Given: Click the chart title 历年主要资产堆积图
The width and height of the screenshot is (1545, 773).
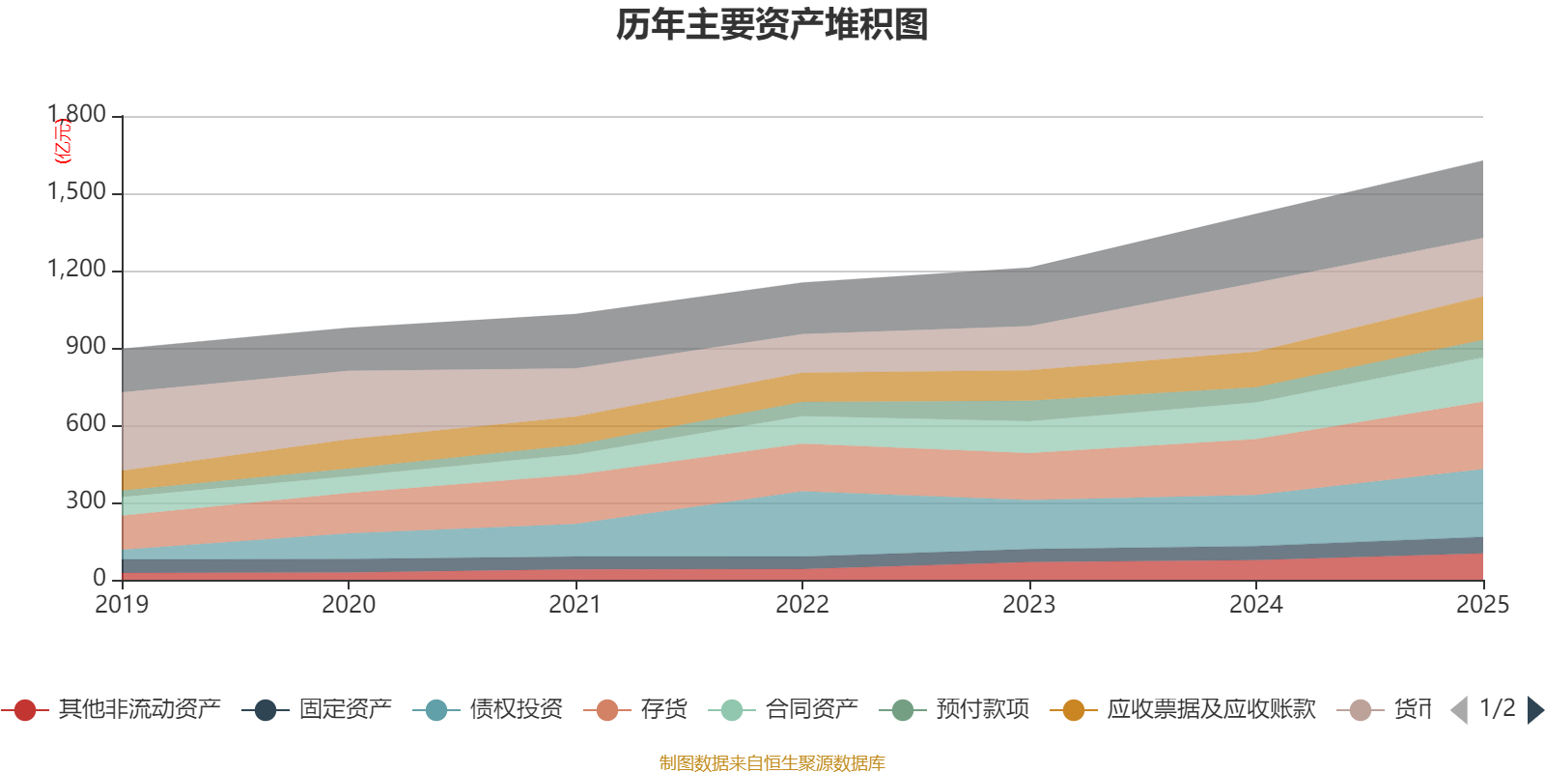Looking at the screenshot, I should [772, 25].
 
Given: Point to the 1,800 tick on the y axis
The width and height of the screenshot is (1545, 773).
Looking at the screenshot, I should [77, 115].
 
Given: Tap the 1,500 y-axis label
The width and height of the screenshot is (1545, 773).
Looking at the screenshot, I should [77, 192].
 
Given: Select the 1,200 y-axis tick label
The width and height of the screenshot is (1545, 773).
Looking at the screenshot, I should [77, 270].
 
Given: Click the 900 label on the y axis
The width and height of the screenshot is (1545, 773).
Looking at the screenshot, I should [86, 347].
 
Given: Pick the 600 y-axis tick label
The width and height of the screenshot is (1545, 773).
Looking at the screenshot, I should [86, 424].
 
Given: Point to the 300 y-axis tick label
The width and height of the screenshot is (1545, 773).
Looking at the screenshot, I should [86, 501].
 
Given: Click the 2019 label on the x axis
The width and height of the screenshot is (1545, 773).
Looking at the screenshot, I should [122, 605].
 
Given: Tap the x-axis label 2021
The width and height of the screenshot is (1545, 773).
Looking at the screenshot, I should [576, 605].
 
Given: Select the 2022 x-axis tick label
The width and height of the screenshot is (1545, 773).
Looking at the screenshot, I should [802, 605].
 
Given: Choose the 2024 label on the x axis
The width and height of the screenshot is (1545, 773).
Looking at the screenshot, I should [1255, 605].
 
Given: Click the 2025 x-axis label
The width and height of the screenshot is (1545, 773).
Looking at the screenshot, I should [1481, 605].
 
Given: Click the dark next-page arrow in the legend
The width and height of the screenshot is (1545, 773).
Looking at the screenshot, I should [1534, 710].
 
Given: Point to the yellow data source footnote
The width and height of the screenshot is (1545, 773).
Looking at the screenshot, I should [772, 763].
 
